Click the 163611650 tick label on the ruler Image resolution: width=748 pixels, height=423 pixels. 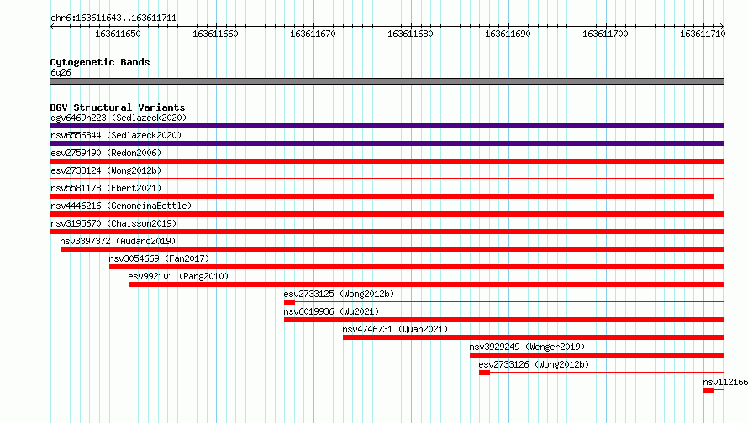click(x=118, y=34)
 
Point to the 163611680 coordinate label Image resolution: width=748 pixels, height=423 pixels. click(x=410, y=34)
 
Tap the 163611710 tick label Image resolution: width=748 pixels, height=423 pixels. click(x=703, y=34)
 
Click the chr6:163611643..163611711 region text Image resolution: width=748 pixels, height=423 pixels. click(x=113, y=18)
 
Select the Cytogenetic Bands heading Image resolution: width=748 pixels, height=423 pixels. click(x=100, y=62)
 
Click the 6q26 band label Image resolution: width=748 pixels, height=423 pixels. click(x=61, y=72)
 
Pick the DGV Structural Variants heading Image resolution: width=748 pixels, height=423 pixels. click(x=118, y=107)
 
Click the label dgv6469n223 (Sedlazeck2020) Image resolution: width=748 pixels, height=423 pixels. click(x=119, y=117)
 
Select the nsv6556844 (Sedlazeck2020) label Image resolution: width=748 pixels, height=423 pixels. click(x=116, y=135)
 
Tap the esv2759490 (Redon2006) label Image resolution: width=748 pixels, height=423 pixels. click(x=106, y=153)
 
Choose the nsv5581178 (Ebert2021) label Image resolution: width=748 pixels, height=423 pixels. click(x=106, y=188)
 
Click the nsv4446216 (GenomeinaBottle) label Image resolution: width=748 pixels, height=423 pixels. click(x=121, y=206)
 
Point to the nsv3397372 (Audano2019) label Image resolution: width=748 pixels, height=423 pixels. click(x=118, y=241)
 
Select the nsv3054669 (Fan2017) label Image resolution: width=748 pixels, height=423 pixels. click(x=159, y=258)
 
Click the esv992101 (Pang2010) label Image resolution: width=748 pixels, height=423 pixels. click(x=178, y=276)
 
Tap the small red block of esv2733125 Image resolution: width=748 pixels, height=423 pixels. click(x=290, y=302)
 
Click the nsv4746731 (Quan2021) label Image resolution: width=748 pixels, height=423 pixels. click(x=395, y=329)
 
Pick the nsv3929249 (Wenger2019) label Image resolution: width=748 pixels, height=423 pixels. click(x=527, y=347)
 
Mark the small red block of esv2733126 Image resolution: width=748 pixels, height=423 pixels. click(x=485, y=373)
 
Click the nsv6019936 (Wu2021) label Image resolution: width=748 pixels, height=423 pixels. click(x=331, y=311)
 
